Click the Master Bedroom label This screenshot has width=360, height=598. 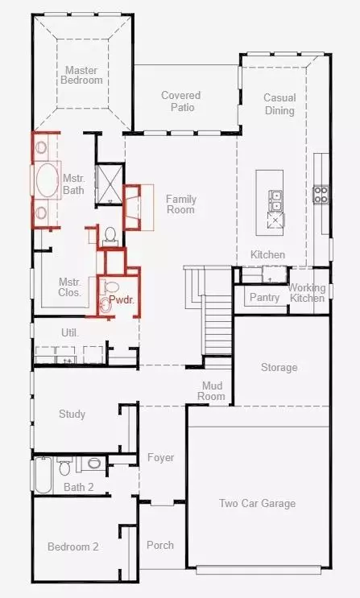(83, 75)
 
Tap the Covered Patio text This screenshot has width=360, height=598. (180, 101)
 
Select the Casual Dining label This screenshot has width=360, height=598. (279, 104)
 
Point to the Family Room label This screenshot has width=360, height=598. (180, 204)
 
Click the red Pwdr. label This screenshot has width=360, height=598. (121, 299)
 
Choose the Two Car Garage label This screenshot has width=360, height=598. (257, 504)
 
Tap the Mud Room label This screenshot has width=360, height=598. (212, 391)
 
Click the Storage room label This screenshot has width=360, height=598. (279, 368)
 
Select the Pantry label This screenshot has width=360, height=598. (264, 298)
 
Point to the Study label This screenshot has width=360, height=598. (72, 414)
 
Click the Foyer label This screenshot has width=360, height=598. (160, 458)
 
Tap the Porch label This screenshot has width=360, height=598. (159, 545)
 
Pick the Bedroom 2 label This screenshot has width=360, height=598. (72, 547)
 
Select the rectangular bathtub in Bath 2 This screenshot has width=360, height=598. (43, 474)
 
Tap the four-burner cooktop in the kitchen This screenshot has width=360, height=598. (320, 194)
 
